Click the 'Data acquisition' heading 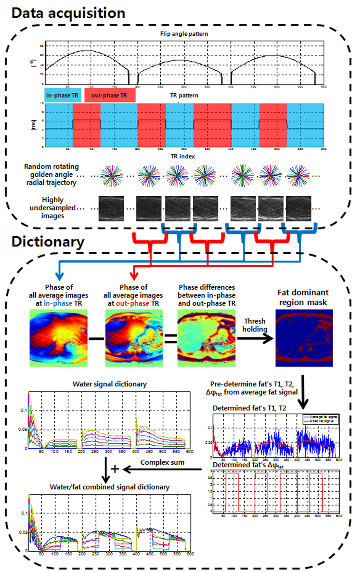click(68, 13)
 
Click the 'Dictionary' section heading click(48, 241)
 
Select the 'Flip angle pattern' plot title click(184, 34)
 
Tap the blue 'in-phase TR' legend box click(63, 95)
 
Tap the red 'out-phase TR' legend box click(110, 95)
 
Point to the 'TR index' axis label click(183, 156)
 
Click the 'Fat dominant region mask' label click(303, 297)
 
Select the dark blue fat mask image click(304, 338)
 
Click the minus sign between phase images click(96, 338)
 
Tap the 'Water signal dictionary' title click(110, 384)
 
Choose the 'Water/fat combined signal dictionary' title click(110, 487)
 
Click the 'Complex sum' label click(162, 462)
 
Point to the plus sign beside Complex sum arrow click(115, 469)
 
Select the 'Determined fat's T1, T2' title click(249, 408)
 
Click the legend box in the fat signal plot click(321, 419)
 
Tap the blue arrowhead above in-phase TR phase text click(59, 276)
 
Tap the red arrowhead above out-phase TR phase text click(134, 276)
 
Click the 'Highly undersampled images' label click(53, 208)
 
